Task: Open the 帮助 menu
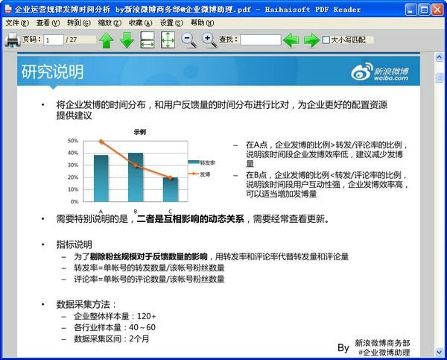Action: (x=202, y=23)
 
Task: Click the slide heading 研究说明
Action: (x=52, y=72)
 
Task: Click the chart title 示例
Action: (x=139, y=132)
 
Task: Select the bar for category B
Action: (x=136, y=177)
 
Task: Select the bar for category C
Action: (x=170, y=189)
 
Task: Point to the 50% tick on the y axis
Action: (x=73, y=140)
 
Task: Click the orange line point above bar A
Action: (x=101, y=141)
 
